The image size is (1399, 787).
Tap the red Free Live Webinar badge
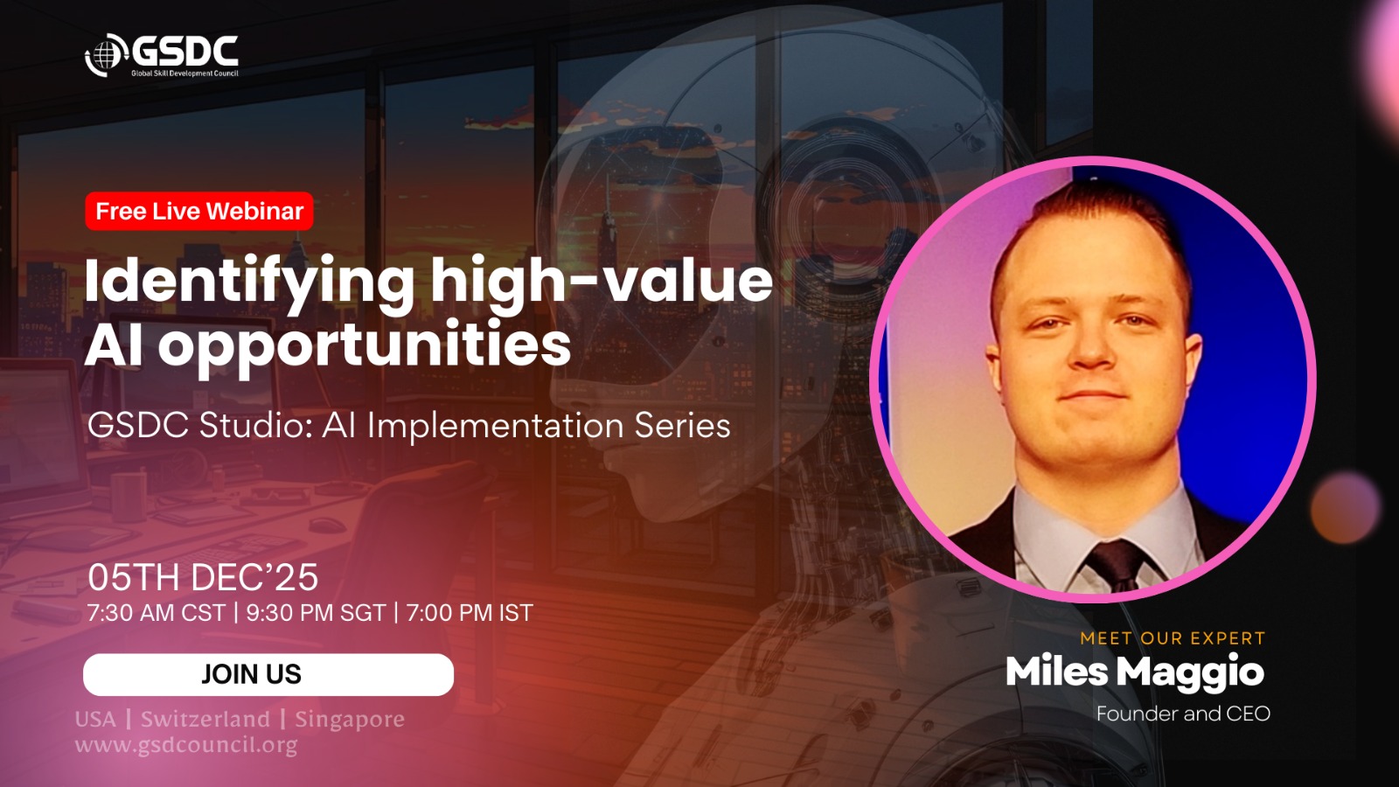199,211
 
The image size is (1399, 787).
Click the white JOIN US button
268,674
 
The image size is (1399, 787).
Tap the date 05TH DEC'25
203,577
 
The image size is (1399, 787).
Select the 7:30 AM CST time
157,613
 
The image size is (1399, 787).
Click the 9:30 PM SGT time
316,613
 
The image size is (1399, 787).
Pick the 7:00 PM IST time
470,613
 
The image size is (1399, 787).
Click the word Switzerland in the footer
205,720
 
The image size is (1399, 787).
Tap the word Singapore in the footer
350,721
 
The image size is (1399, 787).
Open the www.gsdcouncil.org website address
186,745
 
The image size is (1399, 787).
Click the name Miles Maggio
1135,673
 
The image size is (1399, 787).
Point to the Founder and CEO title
1184,714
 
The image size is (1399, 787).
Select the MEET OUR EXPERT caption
1173,638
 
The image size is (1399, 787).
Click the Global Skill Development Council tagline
184,73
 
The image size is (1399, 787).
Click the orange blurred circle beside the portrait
1346,508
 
